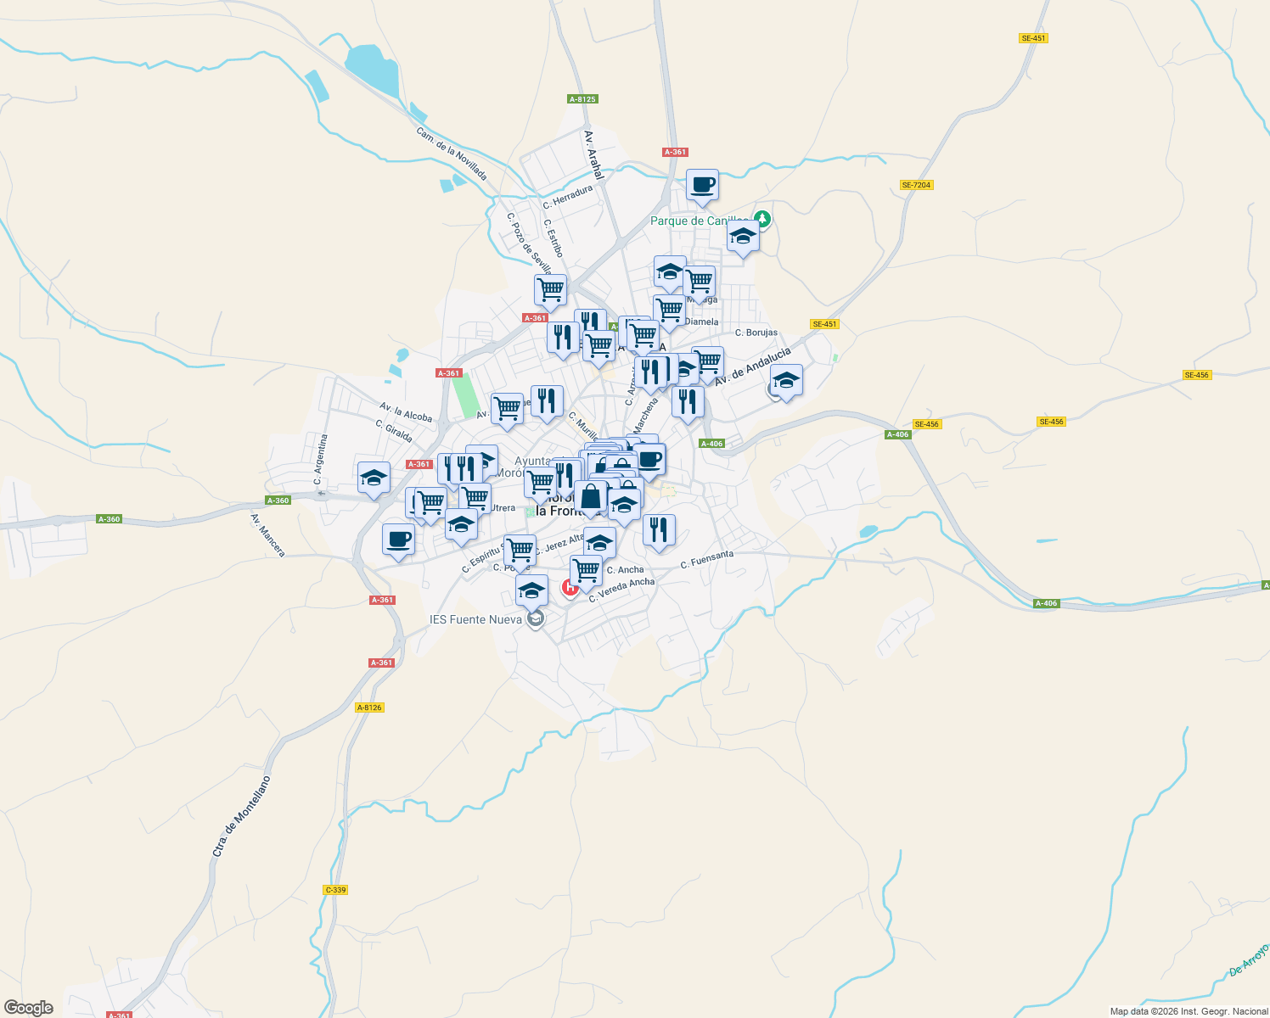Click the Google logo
click(29, 1008)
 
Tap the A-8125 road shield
click(582, 99)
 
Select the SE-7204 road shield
click(917, 185)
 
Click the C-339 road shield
click(335, 890)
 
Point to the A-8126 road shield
click(369, 708)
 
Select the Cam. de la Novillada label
click(452, 154)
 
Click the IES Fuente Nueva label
click(475, 619)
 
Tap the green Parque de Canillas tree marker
click(762, 220)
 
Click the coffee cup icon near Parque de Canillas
click(702, 185)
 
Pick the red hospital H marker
click(570, 586)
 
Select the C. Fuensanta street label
click(707, 560)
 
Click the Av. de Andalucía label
click(752, 366)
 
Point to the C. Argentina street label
click(321, 460)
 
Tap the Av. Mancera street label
click(267, 535)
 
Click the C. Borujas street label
click(756, 333)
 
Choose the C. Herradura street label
click(568, 197)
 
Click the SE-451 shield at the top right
click(1033, 38)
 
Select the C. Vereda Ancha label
click(622, 588)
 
